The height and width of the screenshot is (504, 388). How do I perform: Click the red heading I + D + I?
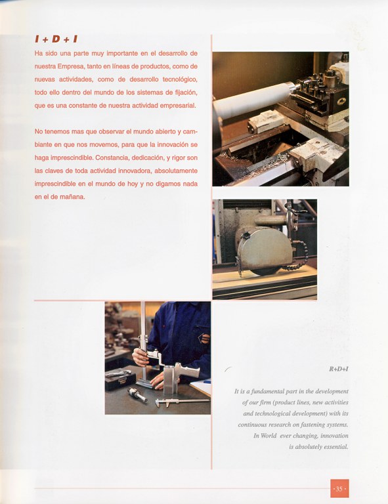(x=56, y=39)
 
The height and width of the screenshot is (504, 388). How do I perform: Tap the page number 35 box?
(x=339, y=488)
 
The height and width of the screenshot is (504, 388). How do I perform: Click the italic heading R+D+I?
(x=339, y=369)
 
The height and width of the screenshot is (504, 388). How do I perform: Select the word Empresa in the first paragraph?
(x=71, y=66)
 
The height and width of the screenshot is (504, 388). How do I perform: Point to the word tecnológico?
(x=180, y=79)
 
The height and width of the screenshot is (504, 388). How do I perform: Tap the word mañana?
(x=73, y=197)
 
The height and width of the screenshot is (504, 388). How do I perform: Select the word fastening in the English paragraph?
(x=312, y=425)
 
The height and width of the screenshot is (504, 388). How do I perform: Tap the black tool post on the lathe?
(x=316, y=93)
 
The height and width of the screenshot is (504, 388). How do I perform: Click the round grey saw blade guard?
(x=265, y=249)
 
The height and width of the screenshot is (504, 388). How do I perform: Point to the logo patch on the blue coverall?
(x=204, y=339)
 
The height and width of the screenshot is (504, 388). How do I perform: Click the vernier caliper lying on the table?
(x=182, y=402)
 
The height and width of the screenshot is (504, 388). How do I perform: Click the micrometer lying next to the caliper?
(x=137, y=394)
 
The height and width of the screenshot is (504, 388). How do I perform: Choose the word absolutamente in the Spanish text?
(x=176, y=171)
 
